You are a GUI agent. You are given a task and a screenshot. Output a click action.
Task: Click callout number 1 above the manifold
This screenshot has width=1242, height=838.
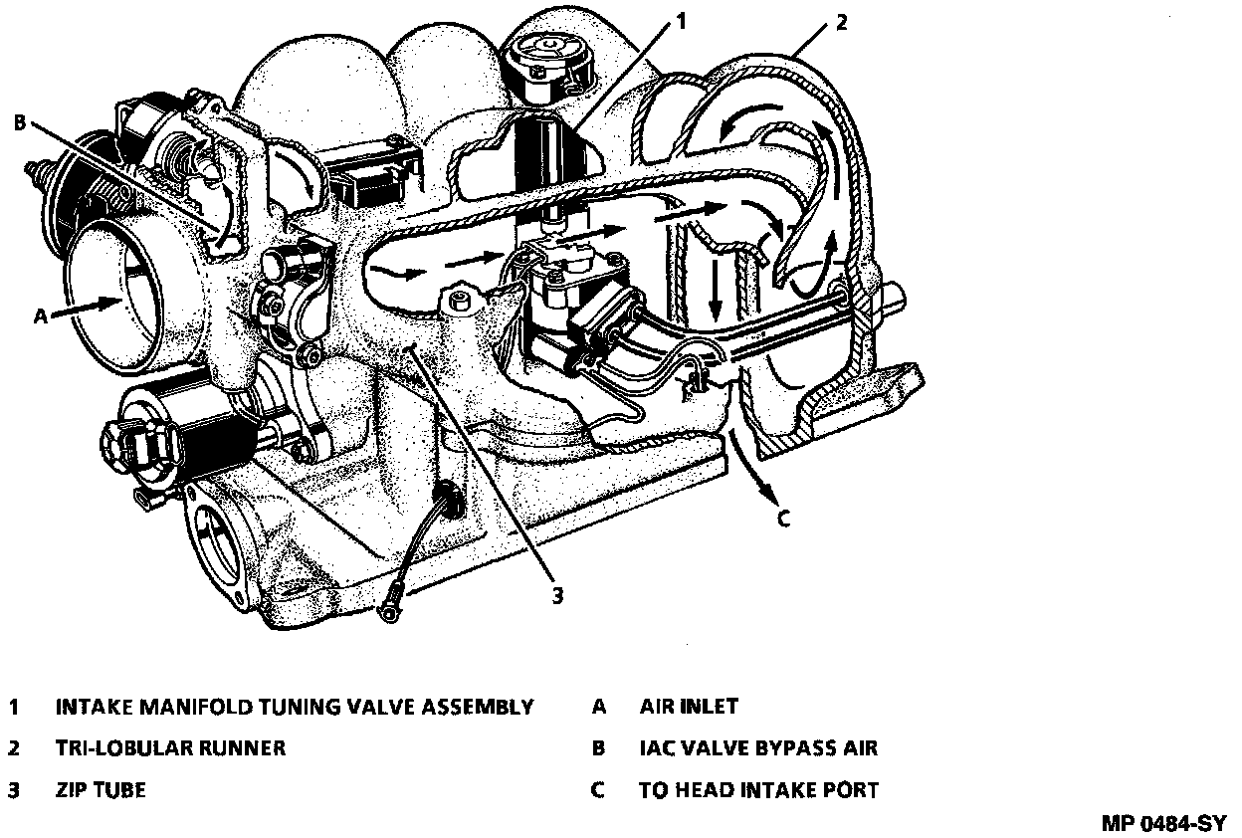tap(682, 19)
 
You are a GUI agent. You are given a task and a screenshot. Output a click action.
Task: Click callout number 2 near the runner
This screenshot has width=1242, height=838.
tap(841, 22)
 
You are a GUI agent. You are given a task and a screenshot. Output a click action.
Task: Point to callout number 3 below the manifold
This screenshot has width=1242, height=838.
tap(557, 595)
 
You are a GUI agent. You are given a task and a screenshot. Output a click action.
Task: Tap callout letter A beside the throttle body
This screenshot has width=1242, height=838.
tap(40, 315)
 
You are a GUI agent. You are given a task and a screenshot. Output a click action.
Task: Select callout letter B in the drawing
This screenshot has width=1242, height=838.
tap(19, 123)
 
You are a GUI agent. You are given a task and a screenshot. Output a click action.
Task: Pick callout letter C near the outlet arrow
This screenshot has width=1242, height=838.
tap(783, 519)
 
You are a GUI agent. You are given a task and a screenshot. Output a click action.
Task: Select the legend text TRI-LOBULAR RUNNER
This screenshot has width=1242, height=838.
tap(170, 748)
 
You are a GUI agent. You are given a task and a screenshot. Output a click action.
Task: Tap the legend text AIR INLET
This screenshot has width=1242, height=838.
tap(689, 707)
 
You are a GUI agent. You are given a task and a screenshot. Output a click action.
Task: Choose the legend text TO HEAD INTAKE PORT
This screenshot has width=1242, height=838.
tap(758, 791)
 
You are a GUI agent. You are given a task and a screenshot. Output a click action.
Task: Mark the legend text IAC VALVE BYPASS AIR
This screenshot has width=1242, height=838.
tap(758, 748)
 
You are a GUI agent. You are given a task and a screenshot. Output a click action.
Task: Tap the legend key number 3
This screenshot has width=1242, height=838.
tap(14, 791)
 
